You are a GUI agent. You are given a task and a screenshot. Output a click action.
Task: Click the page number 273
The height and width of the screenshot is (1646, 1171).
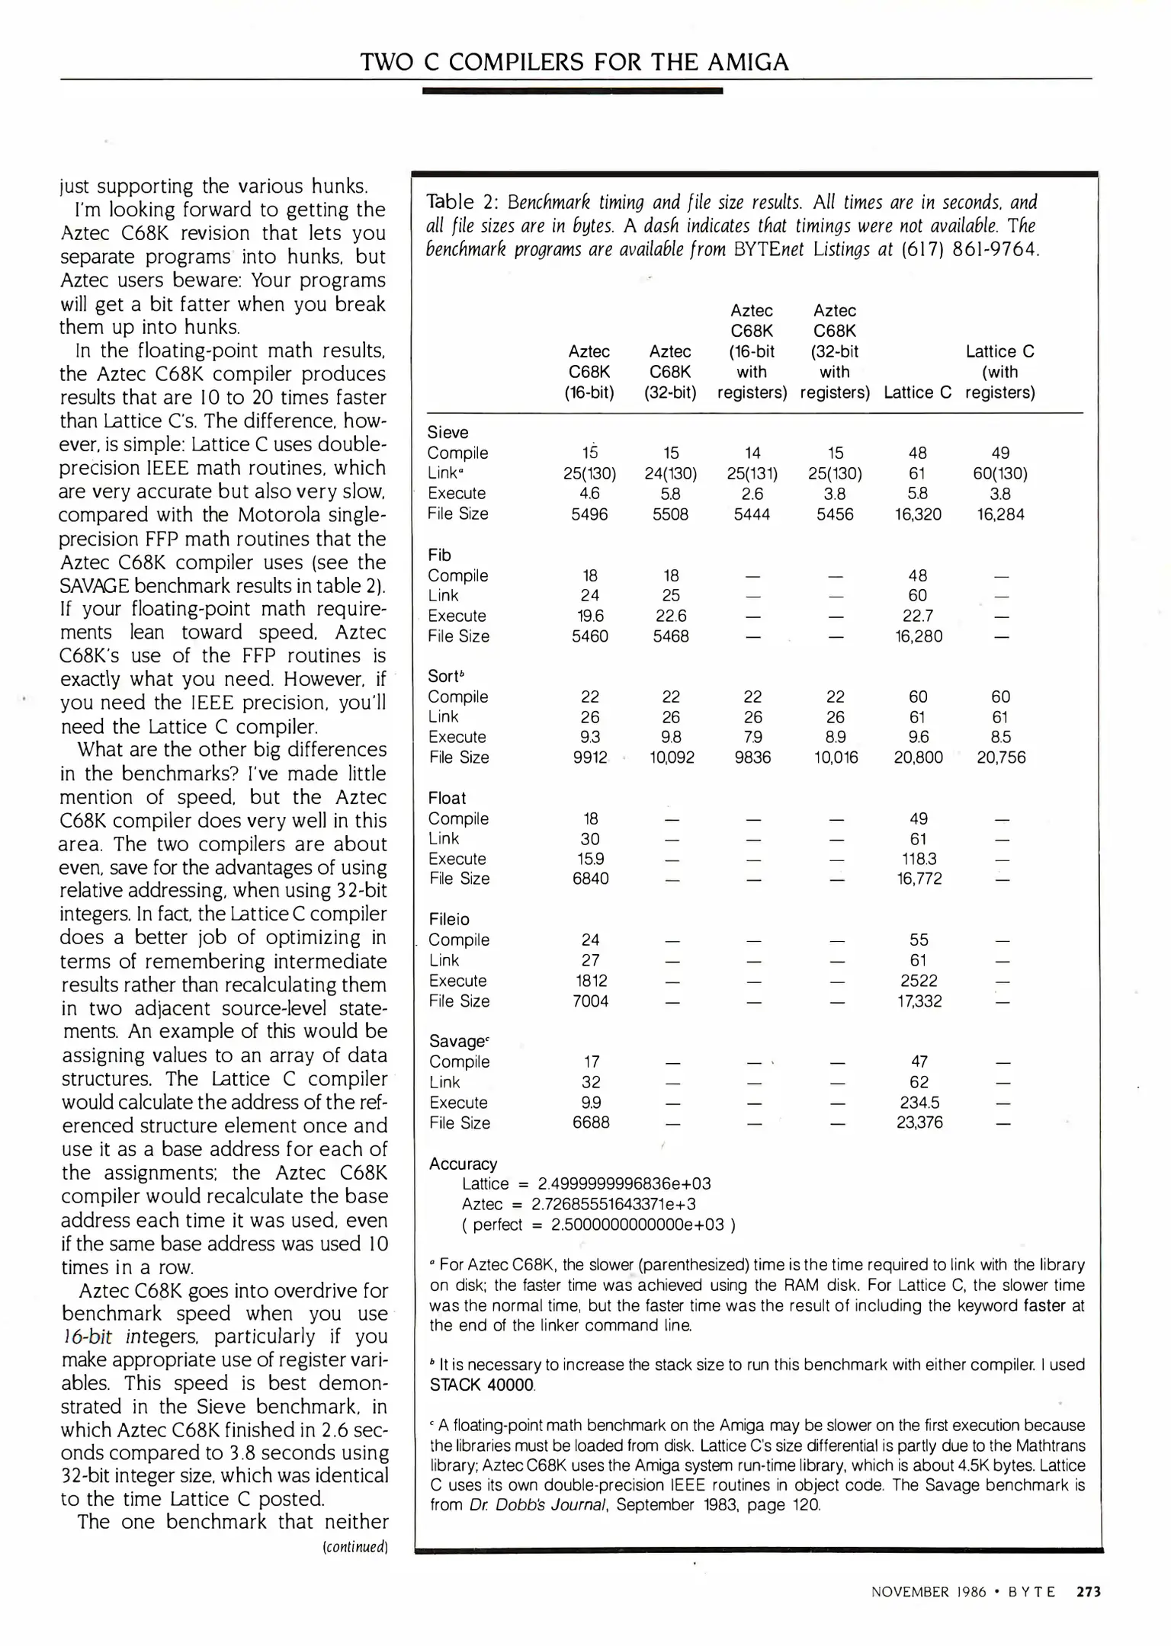tap(1088, 1591)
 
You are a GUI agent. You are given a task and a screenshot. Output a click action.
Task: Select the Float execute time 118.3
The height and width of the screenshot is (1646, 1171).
tap(919, 859)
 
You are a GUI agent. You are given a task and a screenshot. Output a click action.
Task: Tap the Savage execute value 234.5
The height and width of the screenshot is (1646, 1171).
tap(919, 1103)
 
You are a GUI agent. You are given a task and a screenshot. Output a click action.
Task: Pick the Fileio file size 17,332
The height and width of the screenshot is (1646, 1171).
tap(919, 1001)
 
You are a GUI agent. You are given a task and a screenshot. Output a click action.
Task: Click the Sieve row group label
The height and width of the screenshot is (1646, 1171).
tap(448, 432)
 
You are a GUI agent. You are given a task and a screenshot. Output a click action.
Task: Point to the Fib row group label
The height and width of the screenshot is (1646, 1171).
tap(439, 555)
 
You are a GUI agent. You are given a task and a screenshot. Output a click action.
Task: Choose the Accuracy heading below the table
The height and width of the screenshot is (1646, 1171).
tap(463, 1164)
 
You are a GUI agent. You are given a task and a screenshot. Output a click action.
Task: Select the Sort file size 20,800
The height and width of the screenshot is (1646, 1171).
tap(918, 757)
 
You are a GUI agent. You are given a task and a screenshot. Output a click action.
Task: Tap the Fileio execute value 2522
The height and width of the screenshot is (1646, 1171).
tap(919, 981)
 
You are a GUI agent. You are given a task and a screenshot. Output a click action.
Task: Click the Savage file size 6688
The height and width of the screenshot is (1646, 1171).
tap(591, 1122)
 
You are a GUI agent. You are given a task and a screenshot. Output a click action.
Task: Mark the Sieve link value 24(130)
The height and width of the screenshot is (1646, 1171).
tap(671, 473)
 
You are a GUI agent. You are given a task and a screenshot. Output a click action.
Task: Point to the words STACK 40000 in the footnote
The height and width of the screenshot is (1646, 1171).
tap(482, 1385)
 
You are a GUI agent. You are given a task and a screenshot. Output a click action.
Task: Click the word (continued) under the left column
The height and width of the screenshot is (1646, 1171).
tap(356, 1547)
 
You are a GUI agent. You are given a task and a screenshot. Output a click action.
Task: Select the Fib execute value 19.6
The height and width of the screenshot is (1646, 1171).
tap(590, 616)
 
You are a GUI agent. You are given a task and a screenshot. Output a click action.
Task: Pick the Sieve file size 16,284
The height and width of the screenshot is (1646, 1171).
tap(1000, 514)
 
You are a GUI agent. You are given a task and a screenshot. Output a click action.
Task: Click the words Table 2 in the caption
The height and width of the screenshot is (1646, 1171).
tap(460, 202)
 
